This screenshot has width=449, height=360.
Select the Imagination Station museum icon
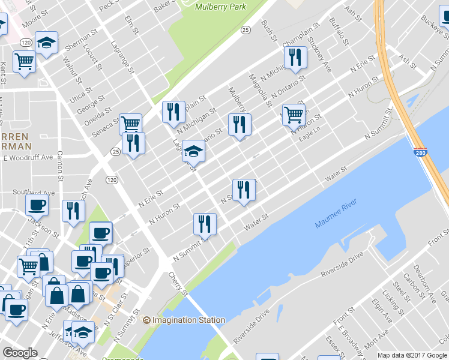(x=146, y=320)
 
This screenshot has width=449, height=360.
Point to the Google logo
(x=20, y=353)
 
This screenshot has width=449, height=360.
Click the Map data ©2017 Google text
(x=412, y=355)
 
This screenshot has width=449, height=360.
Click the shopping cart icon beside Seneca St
(x=130, y=124)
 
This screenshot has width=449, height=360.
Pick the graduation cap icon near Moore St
(x=46, y=42)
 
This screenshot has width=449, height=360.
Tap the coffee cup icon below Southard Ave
(x=37, y=205)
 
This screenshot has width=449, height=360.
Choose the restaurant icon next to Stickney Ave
(x=295, y=57)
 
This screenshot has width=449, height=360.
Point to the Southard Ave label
(x=34, y=193)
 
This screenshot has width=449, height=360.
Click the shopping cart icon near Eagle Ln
(x=294, y=114)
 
